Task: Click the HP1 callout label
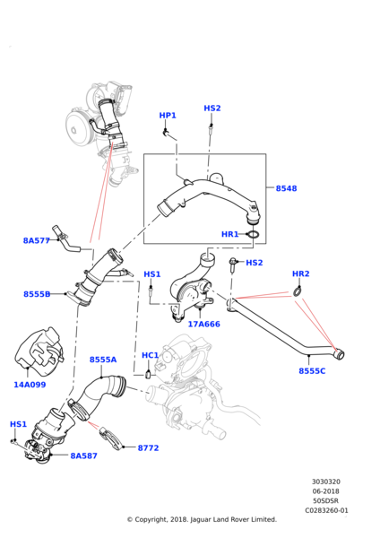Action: [168, 116]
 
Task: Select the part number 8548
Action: [286, 188]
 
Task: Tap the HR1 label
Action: [230, 234]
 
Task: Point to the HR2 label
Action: [300, 273]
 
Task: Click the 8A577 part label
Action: [38, 240]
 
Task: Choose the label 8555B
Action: [38, 294]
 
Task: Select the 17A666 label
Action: [203, 324]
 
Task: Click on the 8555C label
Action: [312, 370]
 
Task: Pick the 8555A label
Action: [103, 360]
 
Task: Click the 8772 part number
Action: [148, 447]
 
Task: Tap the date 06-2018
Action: [326, 491]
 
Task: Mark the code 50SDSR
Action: [326, 500]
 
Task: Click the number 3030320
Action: [326, 482]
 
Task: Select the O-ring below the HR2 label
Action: [296, 291]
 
